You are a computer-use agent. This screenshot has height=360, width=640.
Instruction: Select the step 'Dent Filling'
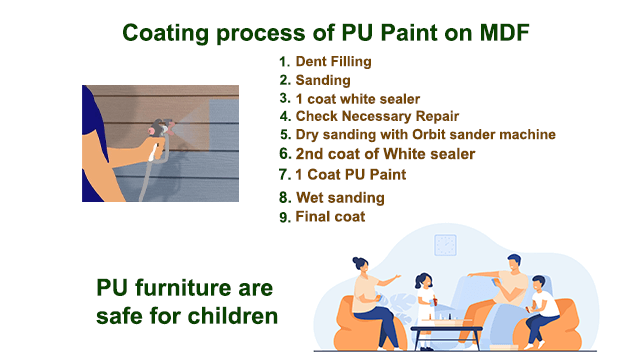point(333,62)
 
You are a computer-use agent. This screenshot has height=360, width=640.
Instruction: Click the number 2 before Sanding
point(285,80)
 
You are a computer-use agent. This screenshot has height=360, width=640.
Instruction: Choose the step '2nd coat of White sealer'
point(385,154)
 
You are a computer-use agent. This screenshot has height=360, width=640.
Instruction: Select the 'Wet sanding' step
point(340,197)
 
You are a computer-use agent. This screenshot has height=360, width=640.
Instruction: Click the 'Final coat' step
point(330,216)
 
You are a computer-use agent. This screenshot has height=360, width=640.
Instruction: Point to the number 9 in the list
point(285,216)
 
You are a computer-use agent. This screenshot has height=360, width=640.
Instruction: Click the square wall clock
point(446,245)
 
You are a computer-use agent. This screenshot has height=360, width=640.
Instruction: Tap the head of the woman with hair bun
point(362,265)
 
